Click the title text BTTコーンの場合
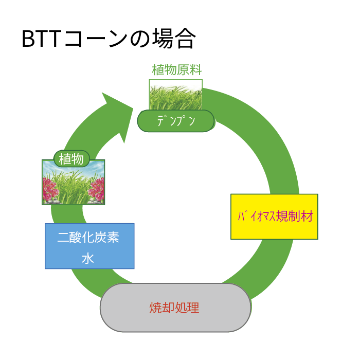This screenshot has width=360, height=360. [x=109, y=39]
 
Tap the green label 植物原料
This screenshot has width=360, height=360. [x=176, y=69]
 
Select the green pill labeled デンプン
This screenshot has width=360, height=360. [x=176, y=121]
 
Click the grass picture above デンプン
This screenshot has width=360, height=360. [x=176, y=95]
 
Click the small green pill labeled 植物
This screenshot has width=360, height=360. [x=71, y=158]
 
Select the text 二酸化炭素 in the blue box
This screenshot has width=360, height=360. [x=88, y=237]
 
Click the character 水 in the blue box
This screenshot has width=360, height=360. [x=88, y=259]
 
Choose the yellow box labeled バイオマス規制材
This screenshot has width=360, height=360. [x=274, y=217]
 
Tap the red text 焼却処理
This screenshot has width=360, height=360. [x=174, y=308]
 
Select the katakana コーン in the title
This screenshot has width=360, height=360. [x=96, y=39]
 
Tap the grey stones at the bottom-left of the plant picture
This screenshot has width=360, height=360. [x=51, y=202]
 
